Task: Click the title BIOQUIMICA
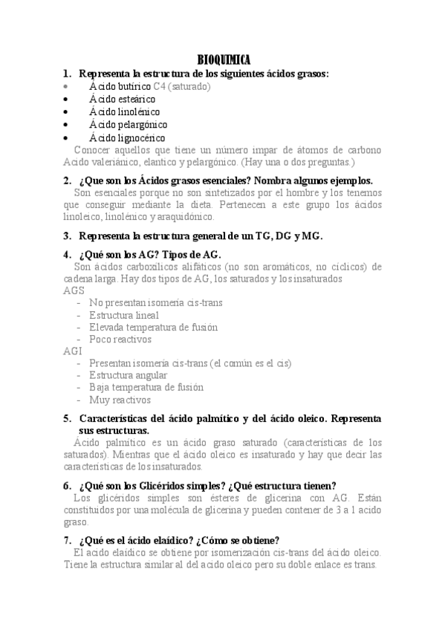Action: pos(224,60)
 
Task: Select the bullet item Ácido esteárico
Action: pos(122,99)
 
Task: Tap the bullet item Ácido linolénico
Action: pos(124,111)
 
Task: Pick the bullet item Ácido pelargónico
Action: pos(128,124)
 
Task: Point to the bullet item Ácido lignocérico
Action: pos(127,137)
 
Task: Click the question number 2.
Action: pos(67,181)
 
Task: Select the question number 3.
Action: pos(67,236)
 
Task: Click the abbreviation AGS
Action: pos(74,290)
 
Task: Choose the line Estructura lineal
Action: pos(124,315)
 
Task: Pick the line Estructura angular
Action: pos(127,375)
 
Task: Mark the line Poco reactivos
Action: pos(120,339)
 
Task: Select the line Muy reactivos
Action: pos(120,400)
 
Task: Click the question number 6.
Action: pos(67,485)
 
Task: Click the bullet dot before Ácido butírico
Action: pos(67,86)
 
